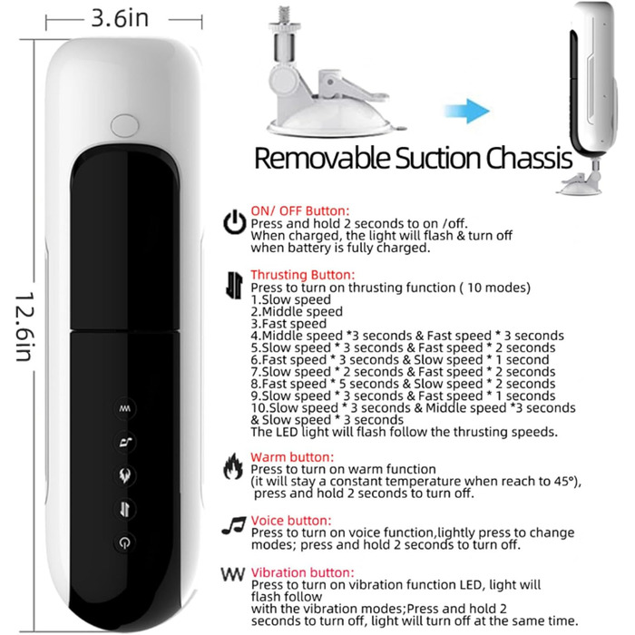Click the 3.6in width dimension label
click(120, 19)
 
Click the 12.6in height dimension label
click(24, 327)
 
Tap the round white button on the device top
click(124, 125)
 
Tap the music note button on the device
click(125, 442)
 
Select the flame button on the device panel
click(125, 475)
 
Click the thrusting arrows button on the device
click(125, 509)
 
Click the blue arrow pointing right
click(467, 111)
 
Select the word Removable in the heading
click(322, 158)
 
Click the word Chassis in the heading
click(529, 158)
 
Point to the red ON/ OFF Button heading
click(299, 211)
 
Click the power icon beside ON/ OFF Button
click(234, 222)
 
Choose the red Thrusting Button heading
click(302, 275)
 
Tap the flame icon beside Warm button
click(233, 466)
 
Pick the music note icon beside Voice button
click(234, 526)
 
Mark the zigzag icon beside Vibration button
click(233, 574)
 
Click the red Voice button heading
click(291, 521)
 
